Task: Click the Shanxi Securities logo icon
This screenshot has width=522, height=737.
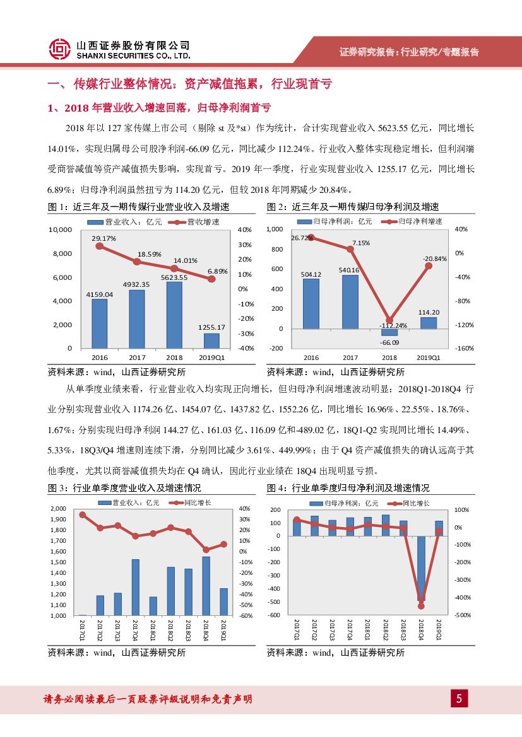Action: [59, 49]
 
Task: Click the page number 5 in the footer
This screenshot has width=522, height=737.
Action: [459, 698]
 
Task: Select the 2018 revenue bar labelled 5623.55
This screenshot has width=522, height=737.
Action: [175, 315]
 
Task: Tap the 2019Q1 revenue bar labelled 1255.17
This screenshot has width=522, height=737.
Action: [212, 340]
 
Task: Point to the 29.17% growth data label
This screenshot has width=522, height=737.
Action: [104, 238]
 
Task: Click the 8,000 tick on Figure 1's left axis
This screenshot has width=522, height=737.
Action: [61, 253]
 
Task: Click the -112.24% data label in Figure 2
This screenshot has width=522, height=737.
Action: [389, 325]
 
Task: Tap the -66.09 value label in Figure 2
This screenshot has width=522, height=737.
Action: [389, 342]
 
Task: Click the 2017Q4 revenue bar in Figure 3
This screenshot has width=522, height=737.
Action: [135, 587]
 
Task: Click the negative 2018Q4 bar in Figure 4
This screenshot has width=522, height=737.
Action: [421, 567]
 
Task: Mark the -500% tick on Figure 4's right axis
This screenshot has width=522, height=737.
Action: [463, 615]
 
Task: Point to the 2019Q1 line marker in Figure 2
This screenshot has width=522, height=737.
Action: [429, 265]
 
